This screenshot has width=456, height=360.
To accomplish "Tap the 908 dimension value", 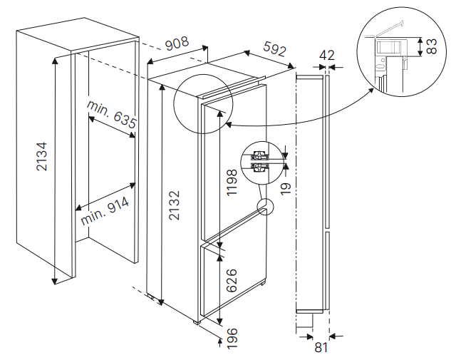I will pyautogui.click(x=175, y=43).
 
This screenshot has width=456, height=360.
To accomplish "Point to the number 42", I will pyautogui.click(x=327, y=55).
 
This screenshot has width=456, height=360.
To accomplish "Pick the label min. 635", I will pyautogui.click(x=112, y=114).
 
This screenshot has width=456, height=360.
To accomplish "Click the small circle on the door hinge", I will pyautogui.click(x=264, y=207).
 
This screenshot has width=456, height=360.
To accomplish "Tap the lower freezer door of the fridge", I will pyautogui.click(x=232, y=282).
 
